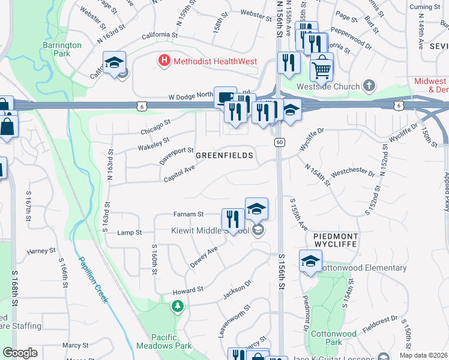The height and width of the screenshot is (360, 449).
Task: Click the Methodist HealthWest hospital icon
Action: [x=163, y=61]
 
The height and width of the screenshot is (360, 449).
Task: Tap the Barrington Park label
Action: [x=62, y=49]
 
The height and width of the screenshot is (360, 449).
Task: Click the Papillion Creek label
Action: [x=92, y=280]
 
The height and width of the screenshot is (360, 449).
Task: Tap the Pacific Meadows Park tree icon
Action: [x=178, y=307]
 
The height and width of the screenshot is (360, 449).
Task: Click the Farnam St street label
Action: [x=189, y=214]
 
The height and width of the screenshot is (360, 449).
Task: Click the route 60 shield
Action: [x=279, y=142]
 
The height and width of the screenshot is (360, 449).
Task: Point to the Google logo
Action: [x=20, y=353]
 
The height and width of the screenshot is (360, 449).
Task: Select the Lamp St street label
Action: [x=129, y=232]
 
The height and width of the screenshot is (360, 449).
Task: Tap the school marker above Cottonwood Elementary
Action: [x=310, y=262]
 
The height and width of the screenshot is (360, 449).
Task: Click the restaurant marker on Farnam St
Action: [x=233, y=220]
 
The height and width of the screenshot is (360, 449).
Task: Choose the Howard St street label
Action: [x=188, y=290]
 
